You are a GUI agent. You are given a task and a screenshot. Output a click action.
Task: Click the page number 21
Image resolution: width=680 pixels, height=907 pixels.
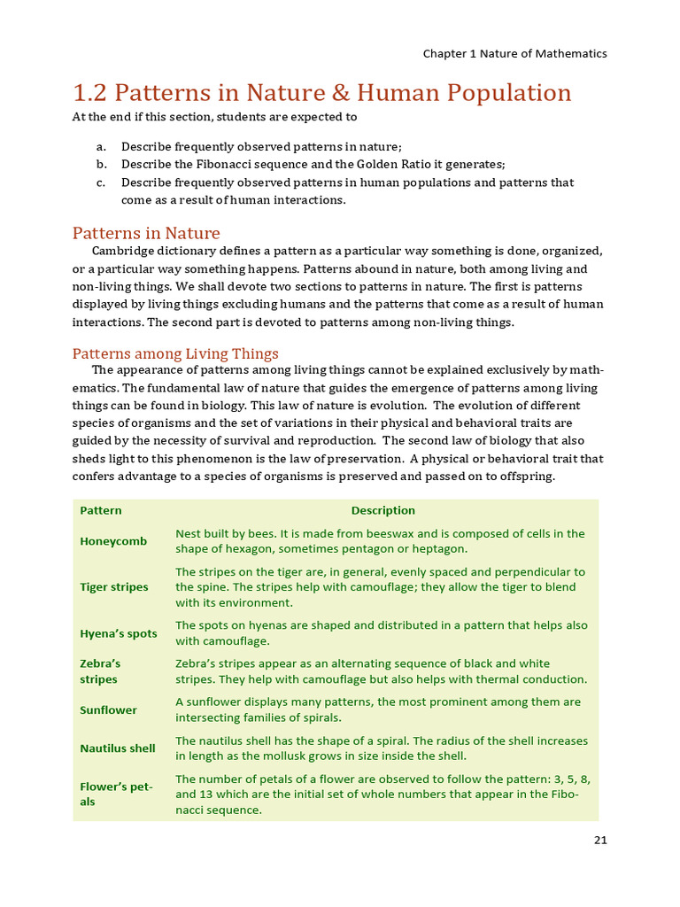[x=600, y=841]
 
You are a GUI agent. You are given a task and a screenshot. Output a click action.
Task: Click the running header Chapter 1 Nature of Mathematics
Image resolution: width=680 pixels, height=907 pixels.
[x=514, y=53]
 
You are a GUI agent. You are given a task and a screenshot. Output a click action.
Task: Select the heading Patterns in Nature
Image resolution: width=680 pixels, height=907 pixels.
[x=145, y=233]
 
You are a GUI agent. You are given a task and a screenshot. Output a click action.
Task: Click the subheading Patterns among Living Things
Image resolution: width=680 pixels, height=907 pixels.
[x=174, y=353]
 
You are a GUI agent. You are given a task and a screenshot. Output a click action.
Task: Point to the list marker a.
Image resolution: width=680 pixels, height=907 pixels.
[x=101, y=146]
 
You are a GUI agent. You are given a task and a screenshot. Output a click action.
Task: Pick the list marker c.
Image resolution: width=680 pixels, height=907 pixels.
[x=101, y=182]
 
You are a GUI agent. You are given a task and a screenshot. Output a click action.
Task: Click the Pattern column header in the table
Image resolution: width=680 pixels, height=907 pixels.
[x=101, y=510]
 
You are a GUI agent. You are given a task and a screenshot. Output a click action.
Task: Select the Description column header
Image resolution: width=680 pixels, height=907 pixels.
[x=382, y=510]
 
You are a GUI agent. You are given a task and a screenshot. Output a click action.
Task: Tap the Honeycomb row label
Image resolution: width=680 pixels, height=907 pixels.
[x=113, y=541]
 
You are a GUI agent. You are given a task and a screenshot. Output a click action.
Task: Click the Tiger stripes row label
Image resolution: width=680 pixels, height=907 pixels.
[x=114, y=587]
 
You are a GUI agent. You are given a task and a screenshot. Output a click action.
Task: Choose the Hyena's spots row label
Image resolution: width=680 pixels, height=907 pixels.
[x=118, y=633]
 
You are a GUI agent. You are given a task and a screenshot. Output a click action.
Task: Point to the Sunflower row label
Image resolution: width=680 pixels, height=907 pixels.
[x=108, y=710]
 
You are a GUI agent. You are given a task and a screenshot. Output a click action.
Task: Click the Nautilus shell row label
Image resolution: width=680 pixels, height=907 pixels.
[x=117, y=748]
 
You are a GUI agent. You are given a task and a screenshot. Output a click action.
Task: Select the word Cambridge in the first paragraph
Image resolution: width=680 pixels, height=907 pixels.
[x=123, y=251]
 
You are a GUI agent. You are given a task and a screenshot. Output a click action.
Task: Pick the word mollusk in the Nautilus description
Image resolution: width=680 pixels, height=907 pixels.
[x=309, y=756]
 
